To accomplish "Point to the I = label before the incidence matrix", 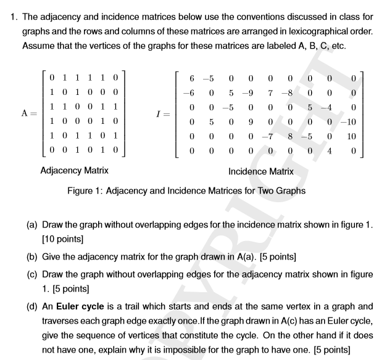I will [162, 113].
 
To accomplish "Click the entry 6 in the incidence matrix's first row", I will [193, 79].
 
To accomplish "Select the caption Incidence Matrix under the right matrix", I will [261, 171].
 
